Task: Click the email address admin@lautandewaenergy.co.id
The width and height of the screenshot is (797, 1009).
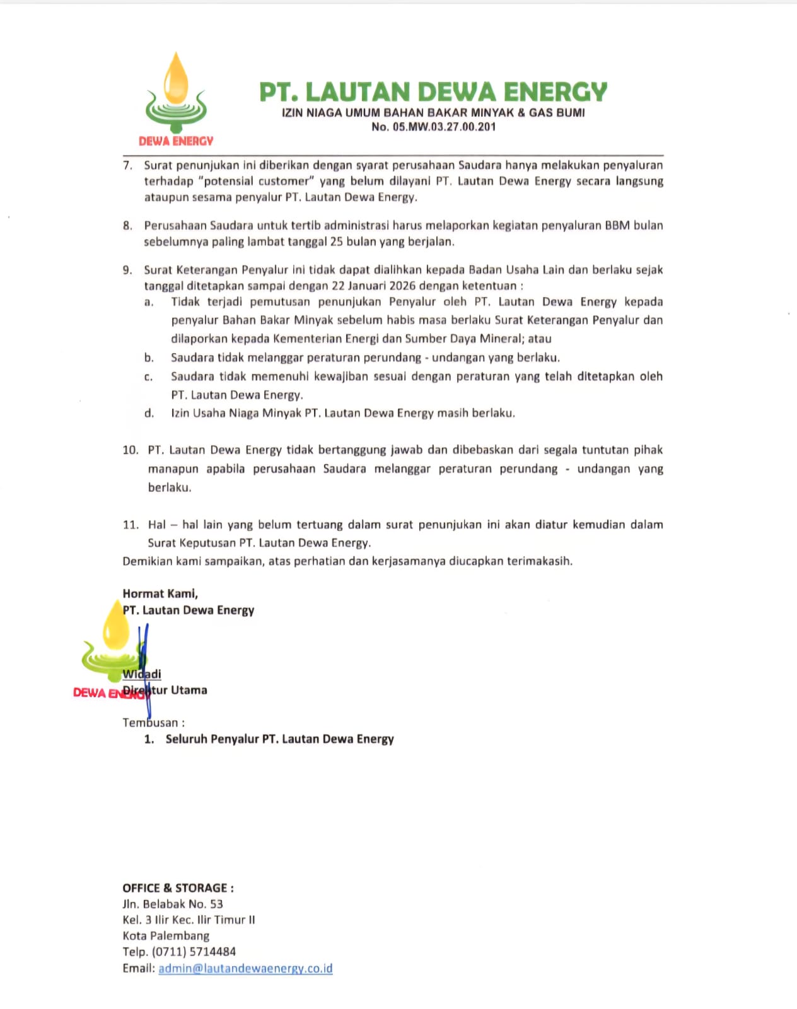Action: (x=245, y=968)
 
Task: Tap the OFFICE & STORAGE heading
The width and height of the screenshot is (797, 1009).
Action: (x=178, y=888)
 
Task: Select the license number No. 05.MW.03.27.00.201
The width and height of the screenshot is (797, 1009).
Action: (x=433, y=127)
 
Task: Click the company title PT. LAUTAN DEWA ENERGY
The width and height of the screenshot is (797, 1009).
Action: (x=433, y=92)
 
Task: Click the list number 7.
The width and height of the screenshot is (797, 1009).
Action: (x=127, y=165)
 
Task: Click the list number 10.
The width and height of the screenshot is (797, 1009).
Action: (x=130, y=450)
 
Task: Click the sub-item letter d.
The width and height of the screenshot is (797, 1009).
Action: (x=149, y=414)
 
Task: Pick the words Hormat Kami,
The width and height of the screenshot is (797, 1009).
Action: (x=160, y=593)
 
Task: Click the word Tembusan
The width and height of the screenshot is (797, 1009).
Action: (x=151, y=723)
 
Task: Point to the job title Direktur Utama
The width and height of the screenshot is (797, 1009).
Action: (x=165, y=691)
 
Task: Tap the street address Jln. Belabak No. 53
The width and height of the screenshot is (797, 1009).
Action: (x=173, y=904)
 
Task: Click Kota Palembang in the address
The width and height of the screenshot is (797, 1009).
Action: (x=166, y=936)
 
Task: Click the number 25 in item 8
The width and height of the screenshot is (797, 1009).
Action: (x=337, y=242)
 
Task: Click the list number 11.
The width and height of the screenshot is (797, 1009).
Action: (x=130, y=525)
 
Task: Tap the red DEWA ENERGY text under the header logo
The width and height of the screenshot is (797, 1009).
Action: (x=176, y=141)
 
